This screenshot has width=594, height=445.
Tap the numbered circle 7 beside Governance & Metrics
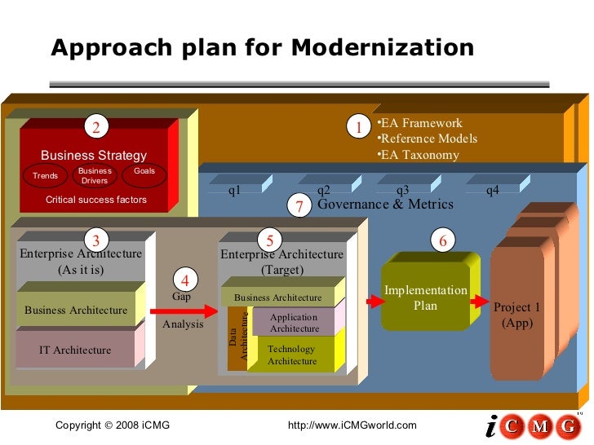click(x=299, y=207)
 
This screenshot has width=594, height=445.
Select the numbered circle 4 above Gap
click(x=185, y=280)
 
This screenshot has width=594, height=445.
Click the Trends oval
click(x=46, y=176)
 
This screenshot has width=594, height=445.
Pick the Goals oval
click(x=144, y=176)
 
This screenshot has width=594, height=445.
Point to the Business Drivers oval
click(x=95, y=176)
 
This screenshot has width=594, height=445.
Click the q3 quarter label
click(x=402, y=191)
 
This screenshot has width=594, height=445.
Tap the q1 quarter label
click(x=234, y=191)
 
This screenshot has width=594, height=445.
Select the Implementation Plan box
click(x=425, y=298)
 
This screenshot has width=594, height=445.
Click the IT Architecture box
click(x=75, y=350)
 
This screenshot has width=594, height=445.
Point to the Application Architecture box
click(x=294, y=323)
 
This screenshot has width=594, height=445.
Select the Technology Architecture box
click(x=291, y=355)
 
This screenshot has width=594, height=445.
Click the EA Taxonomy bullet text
click(x=419, y=155)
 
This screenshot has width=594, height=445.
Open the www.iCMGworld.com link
click(x=352, y=425)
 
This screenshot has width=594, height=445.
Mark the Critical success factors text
click(x=96, y=200)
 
